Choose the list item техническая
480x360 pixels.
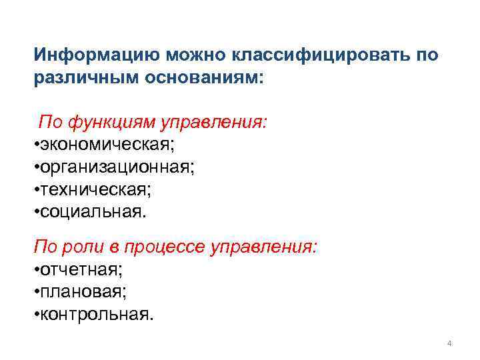[x=95, y=191]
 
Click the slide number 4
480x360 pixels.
[x=449, y=343]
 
